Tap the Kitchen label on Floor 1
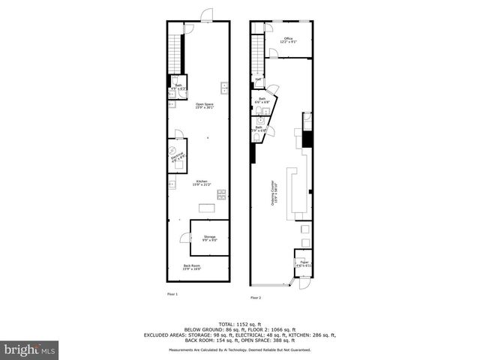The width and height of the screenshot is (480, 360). (202, 182)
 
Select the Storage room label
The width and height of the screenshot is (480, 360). (210, 238)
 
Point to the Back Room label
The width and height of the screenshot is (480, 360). (192, 267)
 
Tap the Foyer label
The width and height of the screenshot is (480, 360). (302, 263)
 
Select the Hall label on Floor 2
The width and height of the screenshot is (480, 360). (259, 79)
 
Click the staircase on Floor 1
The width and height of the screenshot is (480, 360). (175, 52)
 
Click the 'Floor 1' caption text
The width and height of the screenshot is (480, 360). (172, 294)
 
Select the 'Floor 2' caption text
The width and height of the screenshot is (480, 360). (255, 298)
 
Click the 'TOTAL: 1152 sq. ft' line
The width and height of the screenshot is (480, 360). (240, 322)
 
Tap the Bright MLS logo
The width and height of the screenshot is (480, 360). (29, 349)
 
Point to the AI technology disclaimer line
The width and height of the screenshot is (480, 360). (240, 350)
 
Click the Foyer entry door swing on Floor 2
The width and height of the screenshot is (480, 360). (304, 283)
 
